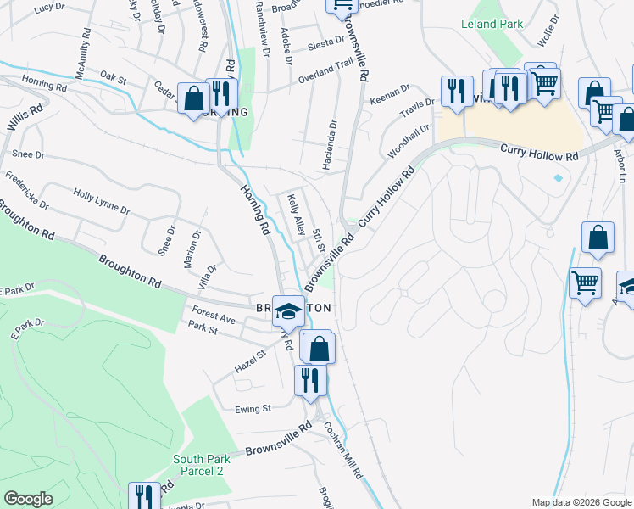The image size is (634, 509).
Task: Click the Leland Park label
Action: click(x=492, y=25)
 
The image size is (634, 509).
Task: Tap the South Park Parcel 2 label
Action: click(x=198, y=465)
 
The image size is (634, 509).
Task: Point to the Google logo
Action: click(x=28, y=499)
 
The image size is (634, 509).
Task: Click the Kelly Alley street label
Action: click(x=296, y=215)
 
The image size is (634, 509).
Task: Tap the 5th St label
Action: click(x=320, y=240)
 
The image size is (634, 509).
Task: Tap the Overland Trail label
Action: click(x=325, y=70)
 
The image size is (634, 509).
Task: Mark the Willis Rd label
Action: click(x=24, y=125)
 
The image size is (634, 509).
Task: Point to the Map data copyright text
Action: click(x=581, y=502)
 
